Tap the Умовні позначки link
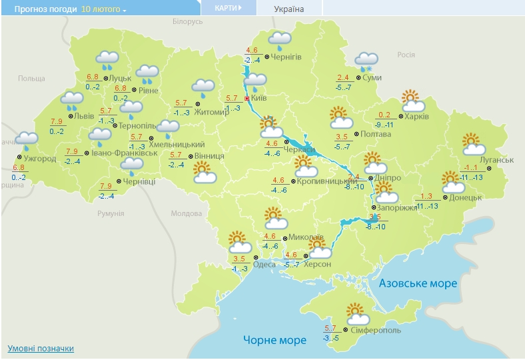41,349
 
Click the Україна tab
288,9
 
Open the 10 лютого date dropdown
104,10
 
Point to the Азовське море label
418,283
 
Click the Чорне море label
274,340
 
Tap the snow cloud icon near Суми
366,61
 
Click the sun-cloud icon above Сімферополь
358,312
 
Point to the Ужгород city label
39,159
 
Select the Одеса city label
264,265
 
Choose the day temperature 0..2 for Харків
384,115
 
